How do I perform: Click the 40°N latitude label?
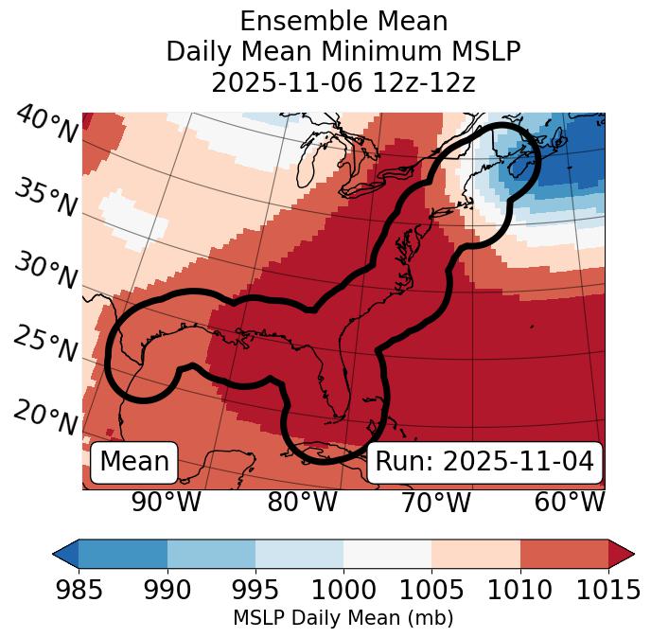(45, 125)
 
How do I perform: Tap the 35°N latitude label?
(45, 197)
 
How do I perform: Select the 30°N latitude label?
(45, 272)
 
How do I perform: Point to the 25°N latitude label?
(45, 345)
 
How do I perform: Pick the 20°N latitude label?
(45, 417)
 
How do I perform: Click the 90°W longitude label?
(167, 503)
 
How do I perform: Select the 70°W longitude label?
(435, 503)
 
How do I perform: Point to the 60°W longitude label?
(570, 503)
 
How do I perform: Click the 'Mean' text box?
(134, 462)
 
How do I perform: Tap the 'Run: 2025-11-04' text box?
(484, 462)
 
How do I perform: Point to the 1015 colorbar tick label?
(607, 591)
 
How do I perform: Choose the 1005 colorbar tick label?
(431, 591)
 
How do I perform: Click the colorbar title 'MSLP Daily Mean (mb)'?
(343, 618)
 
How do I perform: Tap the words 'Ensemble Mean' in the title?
(343, 21)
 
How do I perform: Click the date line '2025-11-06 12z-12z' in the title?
(343, 82)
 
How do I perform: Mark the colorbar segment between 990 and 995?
(211, 553)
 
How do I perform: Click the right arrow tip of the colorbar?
(631, 553)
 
